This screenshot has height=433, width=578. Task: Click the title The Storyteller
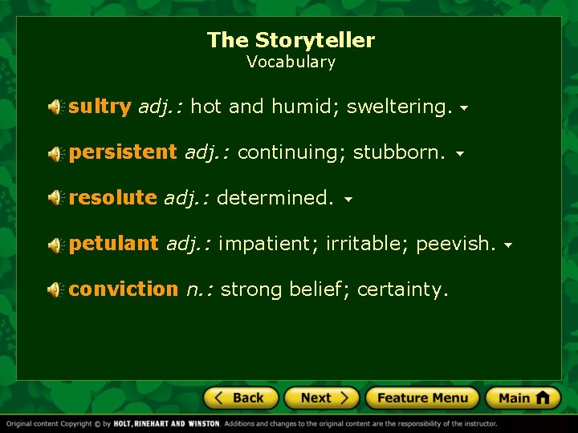click(291, 40)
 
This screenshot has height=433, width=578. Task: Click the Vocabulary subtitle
click(291, 62)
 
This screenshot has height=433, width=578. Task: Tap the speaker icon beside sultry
click(55, 107)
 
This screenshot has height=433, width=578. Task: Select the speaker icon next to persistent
click(55, 152)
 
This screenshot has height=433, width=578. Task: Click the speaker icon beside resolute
click(55, 198)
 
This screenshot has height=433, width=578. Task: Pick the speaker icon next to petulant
click(55, 244)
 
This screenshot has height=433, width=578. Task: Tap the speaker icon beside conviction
click(55, 289)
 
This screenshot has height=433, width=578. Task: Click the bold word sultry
click(100, 107)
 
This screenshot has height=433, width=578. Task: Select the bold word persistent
click(122, 152)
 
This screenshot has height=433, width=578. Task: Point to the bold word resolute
click(112, 198)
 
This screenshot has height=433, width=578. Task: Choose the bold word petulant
click(113, 244)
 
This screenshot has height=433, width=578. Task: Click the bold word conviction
click(123, 289)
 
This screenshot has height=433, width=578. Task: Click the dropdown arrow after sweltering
click(465, 107)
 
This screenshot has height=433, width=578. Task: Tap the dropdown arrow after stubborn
click(459, 153)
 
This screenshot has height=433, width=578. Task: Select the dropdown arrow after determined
click(348, 199)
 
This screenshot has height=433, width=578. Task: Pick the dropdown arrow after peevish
click(508, 245)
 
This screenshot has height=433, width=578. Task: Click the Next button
click(324, 398)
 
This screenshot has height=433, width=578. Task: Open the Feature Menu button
click(422, 398)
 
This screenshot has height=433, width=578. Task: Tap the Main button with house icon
click(523, 398)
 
